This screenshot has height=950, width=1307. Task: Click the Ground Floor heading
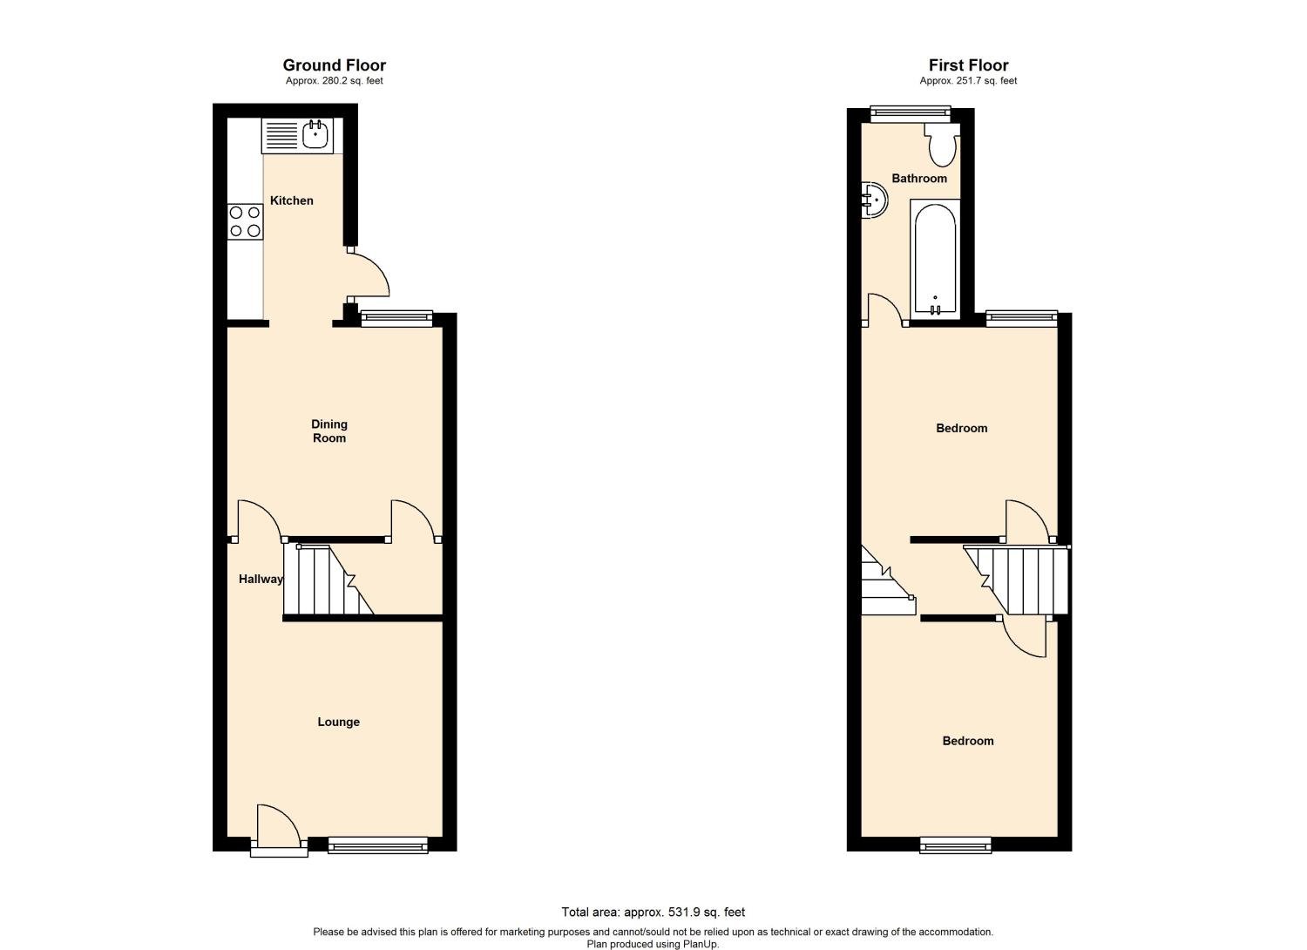[334, 65]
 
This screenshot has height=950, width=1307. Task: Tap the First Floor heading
[968, 65]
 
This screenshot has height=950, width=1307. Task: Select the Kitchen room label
[291, 200]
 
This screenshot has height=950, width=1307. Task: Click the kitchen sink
[297, 136]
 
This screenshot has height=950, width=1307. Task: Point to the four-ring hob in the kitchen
[245, 221]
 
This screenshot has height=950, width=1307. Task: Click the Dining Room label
[329, 431]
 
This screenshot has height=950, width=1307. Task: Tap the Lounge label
[338, 722]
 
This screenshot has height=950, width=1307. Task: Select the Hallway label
[261, 579]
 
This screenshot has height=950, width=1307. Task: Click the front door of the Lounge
[278, 829]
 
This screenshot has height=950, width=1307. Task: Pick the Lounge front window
[378, 844]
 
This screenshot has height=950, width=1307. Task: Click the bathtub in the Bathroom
[935, 259]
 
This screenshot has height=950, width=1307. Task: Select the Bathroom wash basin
[874, 200]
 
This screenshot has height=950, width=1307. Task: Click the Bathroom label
[918, 179]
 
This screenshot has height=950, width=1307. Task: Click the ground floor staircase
[327, 580]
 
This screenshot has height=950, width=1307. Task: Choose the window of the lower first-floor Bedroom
[956, 844]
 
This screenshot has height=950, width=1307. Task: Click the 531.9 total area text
[653, 913]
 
